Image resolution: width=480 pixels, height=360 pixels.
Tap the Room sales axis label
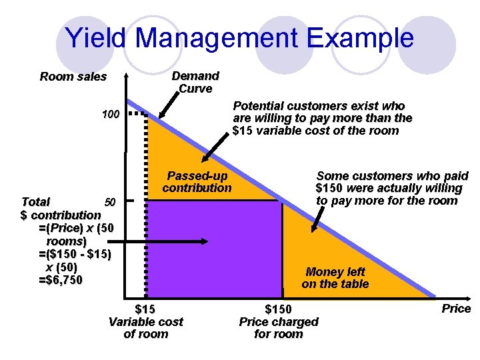coord(73,77)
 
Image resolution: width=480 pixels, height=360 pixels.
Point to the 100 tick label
coord(111,115)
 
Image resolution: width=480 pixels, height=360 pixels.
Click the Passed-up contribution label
coord(197,182)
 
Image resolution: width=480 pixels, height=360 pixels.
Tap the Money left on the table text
coord(335,278)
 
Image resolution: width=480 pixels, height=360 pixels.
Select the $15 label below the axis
coord(145,309)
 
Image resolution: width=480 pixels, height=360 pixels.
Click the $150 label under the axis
coord(278,309)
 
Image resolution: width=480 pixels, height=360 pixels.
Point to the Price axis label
coord(456,309)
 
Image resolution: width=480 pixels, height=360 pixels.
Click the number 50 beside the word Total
coord(111,201)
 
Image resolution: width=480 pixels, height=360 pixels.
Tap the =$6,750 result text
coord(61,280)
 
